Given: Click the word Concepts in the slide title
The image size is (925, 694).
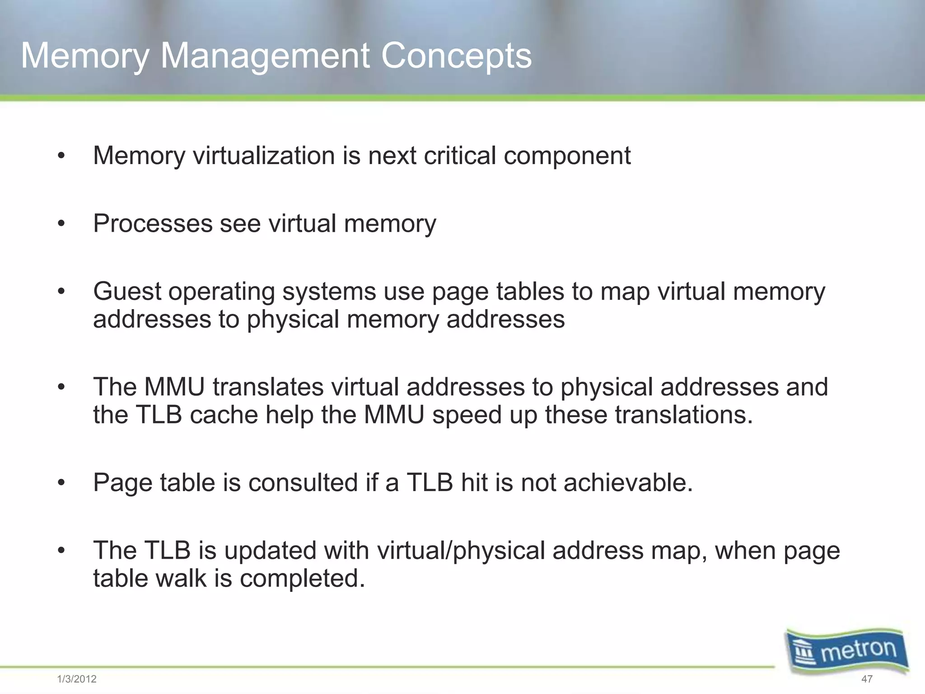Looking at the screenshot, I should [x=456, y=56].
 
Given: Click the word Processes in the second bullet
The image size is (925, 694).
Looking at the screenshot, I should [x=152, y=224].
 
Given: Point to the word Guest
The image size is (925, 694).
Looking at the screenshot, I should [x=127, y=291].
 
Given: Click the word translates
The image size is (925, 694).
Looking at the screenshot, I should [x=268, y=387].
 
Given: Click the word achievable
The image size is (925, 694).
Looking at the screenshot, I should [x=628, y=483].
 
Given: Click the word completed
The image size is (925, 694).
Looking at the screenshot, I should [x=302, y=578].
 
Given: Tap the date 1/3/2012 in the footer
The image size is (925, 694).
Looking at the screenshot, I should [x=77, y=679].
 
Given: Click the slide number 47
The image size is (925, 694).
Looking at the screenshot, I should [x=867, y=679].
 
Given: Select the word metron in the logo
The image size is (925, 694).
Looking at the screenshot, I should [x=859, y=651].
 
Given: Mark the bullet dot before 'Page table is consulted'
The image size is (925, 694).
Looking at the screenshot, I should [x=61, y=483].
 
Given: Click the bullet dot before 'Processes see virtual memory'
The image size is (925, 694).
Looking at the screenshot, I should [x=61, y=224].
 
